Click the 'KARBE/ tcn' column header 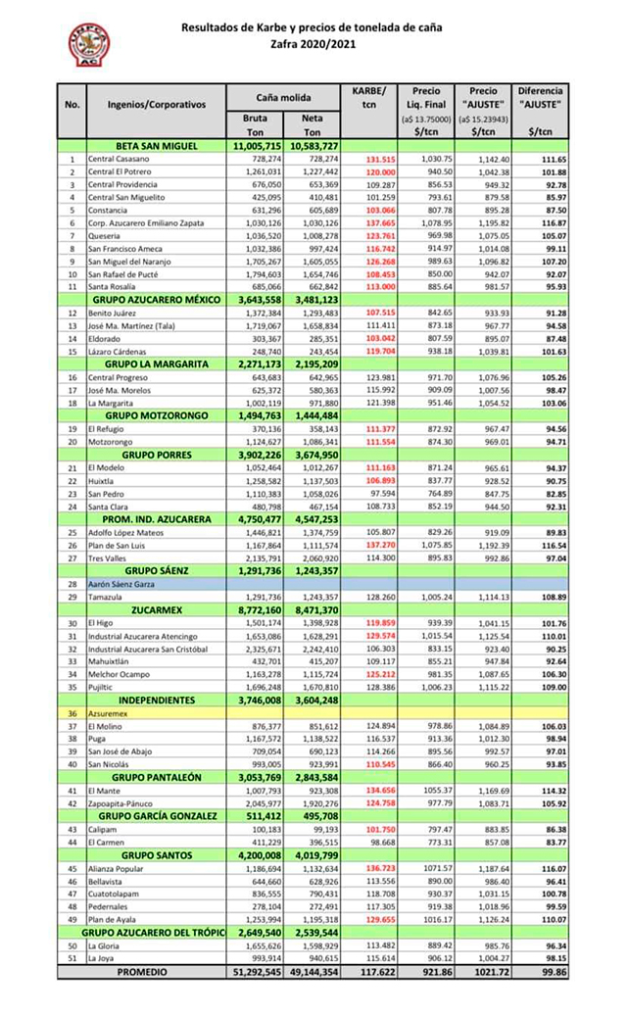pos(368,97)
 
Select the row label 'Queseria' pos(103,236)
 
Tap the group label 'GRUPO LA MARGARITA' pos(157,363)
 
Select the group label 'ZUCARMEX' pos(157,608)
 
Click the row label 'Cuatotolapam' pos(114,893)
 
